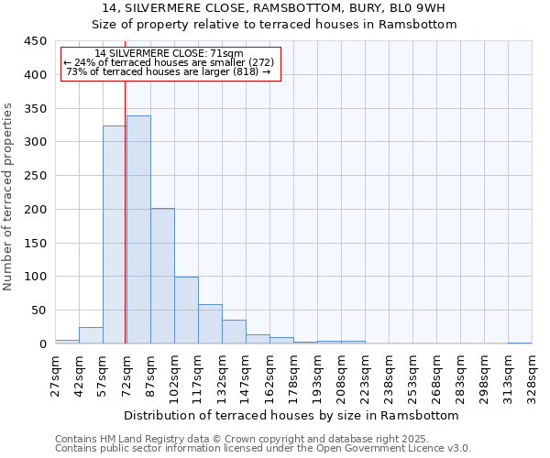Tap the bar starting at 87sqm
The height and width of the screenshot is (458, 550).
tap(162, 276)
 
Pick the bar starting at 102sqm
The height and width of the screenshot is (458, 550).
tap(186, 310)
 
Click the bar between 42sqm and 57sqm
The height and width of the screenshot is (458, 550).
tap(91, 335)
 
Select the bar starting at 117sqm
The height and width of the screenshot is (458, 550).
tap(210, 324)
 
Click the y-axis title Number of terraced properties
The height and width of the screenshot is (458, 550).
tap(9, 196)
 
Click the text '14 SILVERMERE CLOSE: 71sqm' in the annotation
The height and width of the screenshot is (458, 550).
tap(170, 53)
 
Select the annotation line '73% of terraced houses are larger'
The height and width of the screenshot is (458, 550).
tap(169, 71)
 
